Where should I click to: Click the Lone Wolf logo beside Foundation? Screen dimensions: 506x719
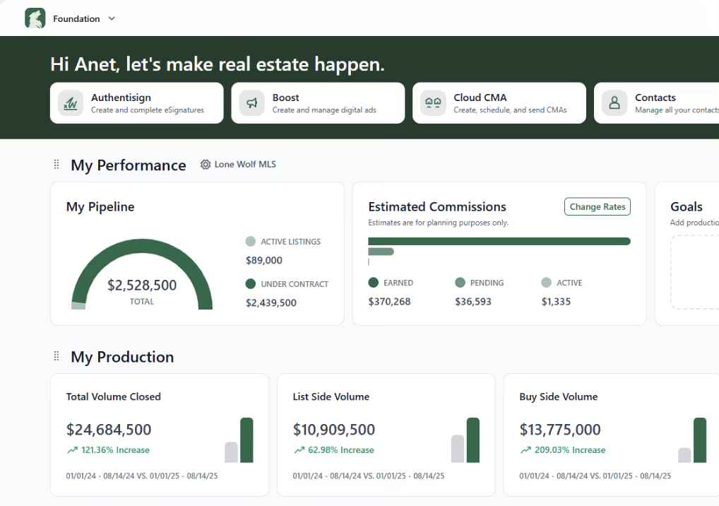(35, 18)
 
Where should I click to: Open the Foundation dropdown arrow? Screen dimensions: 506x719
(112, 18)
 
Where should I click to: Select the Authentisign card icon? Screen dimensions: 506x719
(71, 103)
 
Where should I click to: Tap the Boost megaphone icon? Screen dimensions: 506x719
(252, 103)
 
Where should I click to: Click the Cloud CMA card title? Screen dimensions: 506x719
(480, 98)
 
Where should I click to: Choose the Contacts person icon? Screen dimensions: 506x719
(614, 103)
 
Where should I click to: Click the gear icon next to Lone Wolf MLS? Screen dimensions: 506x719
(206, 165)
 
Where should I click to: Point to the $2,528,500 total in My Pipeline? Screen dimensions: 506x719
(142, 286)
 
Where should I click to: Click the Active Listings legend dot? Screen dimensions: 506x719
(251, 242)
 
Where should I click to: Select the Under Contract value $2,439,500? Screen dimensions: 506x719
(271, 302)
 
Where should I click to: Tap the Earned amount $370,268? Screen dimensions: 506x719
(389, 302)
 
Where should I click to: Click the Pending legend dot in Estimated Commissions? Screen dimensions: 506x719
(460, 283)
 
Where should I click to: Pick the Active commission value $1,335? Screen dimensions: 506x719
(556, 302)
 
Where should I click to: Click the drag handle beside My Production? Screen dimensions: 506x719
(57, 357)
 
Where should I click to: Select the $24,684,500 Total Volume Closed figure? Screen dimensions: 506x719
(109, 430)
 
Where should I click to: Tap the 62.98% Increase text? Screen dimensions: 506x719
(341, 450)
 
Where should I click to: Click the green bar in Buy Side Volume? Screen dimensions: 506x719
(700, 440)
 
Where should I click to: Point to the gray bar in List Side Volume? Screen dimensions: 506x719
(458, 449)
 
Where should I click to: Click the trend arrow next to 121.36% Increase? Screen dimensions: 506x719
(72, 450)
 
